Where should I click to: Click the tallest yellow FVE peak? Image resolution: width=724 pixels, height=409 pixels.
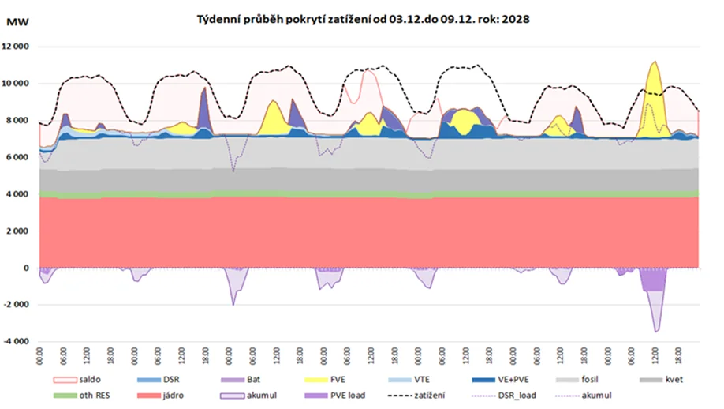(x=654, y=63)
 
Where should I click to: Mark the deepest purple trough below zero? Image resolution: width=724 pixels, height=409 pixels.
(x=656, y=331)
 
